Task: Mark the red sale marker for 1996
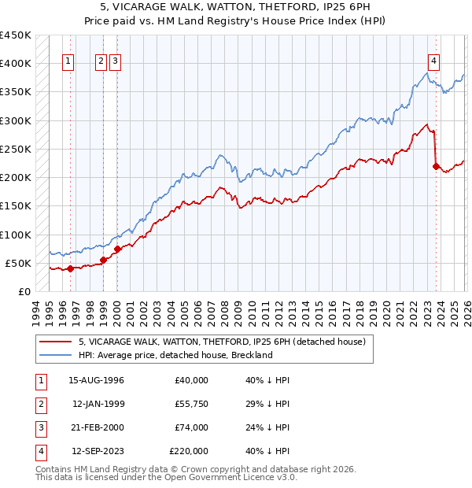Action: tap(70, 268)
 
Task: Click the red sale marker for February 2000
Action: tap(117, 250)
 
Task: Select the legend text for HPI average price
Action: tap(175, 355)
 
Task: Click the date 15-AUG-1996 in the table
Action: tap(96, 380)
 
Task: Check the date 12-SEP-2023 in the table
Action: tap(96, 451)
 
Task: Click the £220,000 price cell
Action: tap(188, 451)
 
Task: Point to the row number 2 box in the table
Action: tap(40, 404)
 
